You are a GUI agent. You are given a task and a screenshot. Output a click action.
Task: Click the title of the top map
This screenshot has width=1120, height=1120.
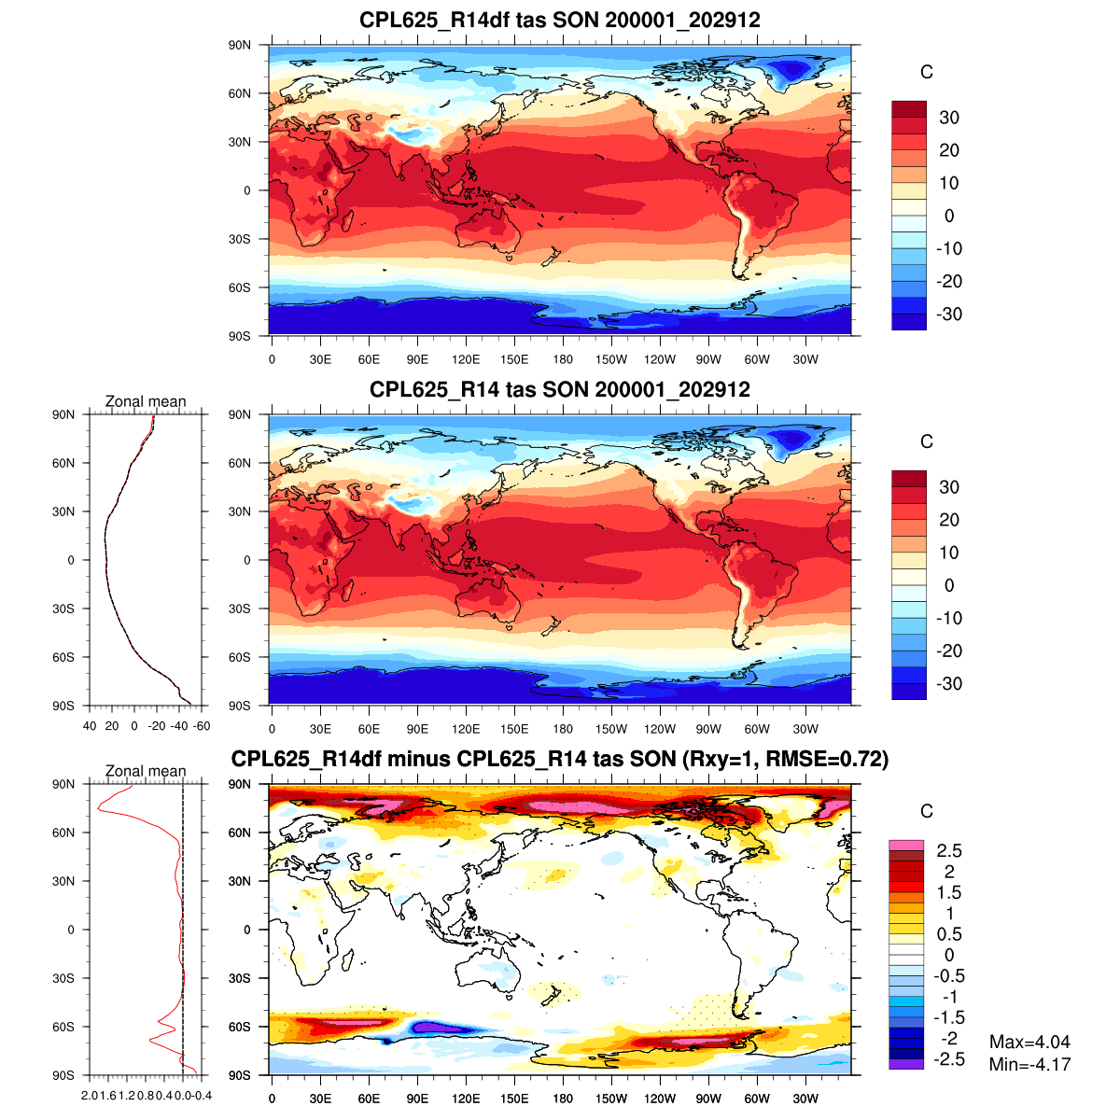pos(560,20)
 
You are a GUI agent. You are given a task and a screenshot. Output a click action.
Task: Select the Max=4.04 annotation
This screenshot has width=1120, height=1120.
pos(1029,1042)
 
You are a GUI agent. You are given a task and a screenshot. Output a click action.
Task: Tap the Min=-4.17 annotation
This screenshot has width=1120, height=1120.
pos(1029,1064)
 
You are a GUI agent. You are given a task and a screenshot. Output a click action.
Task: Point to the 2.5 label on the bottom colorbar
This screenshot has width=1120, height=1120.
pos(949,850)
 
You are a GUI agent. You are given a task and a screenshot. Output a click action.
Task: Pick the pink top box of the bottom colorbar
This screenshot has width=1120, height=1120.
pos(905,845)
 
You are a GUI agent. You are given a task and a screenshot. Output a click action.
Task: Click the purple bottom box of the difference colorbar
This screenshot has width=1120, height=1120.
pos(905,1064)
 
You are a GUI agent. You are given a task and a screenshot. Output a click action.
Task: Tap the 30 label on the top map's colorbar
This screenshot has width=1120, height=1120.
pos(948,118)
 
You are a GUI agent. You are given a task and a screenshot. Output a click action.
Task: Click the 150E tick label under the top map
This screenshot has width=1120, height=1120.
pos(514,360)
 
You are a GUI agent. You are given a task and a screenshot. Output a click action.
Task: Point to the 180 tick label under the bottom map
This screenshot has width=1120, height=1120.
pos(563,1099)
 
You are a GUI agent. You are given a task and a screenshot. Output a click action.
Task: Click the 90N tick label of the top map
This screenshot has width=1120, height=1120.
pos(240,45)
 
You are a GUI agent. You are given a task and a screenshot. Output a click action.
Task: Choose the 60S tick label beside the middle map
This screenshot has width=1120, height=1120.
pos(240,657)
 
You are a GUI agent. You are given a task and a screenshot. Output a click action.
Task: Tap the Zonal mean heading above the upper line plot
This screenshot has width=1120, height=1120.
pos(146,401)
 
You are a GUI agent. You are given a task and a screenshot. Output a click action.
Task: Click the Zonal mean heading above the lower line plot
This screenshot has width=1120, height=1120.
pos(146,771)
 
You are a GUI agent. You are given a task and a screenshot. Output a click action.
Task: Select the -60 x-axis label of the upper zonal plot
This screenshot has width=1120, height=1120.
pos(202,726)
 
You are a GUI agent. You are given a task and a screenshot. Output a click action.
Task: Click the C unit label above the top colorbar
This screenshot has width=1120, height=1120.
pos(926,73)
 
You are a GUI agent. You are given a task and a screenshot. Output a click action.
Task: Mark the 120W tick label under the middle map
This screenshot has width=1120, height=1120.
pos(660,730)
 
